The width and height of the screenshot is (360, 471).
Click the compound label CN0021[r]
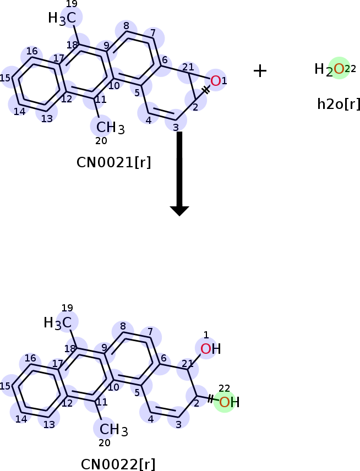(x=113, y=162)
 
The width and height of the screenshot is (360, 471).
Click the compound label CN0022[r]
(x=118, y=464)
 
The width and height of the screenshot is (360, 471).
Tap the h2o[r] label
(x=339, y=104)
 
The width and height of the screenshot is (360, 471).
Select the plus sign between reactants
(x=260, y=71)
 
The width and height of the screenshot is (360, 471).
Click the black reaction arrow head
(x=179, y=211)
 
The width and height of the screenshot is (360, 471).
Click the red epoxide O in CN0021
(x=215, y=81)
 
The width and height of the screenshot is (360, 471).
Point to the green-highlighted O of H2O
(x=339, y=69)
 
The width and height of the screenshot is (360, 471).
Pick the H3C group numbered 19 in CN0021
(x=62, y=18)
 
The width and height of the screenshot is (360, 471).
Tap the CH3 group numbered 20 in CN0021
(x=110, y=127)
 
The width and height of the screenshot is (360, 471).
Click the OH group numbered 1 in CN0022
(x=210, y=349)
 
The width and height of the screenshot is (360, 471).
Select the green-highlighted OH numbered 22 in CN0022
(x=229, y=402)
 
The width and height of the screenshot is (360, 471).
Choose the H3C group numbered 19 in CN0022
(x=58, y=323)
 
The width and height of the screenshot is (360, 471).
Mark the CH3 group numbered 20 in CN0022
(x=113, y=430)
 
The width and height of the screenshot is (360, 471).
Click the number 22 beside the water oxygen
(x=350, y=69)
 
